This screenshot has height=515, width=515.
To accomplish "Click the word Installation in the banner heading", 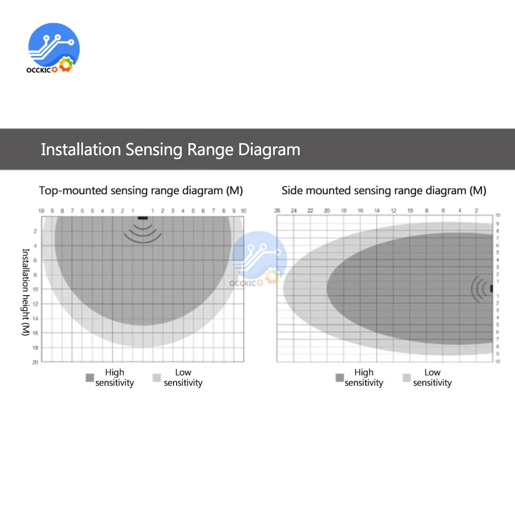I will point(80,150).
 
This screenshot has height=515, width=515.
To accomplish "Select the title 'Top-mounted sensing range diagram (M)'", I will point(141,191).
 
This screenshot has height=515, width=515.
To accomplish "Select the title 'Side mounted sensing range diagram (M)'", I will point(384,191).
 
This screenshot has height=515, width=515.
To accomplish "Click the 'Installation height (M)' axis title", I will point(25,292).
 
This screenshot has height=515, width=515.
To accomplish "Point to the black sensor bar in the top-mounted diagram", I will point(142,218).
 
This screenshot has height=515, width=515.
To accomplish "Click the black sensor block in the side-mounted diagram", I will point(491,289).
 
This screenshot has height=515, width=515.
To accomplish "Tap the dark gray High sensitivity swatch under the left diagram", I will point(90,378).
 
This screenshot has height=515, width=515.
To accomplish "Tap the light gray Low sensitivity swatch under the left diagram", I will point(157,378).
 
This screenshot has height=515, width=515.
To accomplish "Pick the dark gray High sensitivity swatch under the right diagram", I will point(339,378).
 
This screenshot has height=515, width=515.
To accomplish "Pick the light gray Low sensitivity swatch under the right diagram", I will point(406,378).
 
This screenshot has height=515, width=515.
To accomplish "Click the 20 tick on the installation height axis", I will point(35,362).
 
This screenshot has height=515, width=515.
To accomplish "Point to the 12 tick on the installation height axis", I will point(36,304).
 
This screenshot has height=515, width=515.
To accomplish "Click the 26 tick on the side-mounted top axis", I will point(277,211).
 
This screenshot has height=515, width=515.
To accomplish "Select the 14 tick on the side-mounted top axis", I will point(377,211).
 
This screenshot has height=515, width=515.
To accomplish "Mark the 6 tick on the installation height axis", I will point(36,260).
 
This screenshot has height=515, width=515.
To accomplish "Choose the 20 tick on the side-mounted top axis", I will point(327,211).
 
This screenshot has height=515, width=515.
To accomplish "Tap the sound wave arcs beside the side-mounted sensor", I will point(479,289).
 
